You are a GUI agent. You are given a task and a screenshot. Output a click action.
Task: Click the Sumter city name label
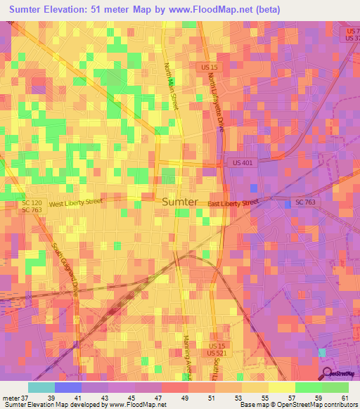point(180,202)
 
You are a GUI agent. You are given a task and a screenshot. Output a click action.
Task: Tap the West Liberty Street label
point(76,202)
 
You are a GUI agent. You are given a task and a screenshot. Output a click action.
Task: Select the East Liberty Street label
point(233,203)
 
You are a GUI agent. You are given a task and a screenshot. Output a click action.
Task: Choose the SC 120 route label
point(32,202)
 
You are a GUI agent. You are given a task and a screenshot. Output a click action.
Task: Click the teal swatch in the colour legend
point(41,387)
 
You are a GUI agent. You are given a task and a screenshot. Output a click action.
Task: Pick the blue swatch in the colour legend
point(68,387)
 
